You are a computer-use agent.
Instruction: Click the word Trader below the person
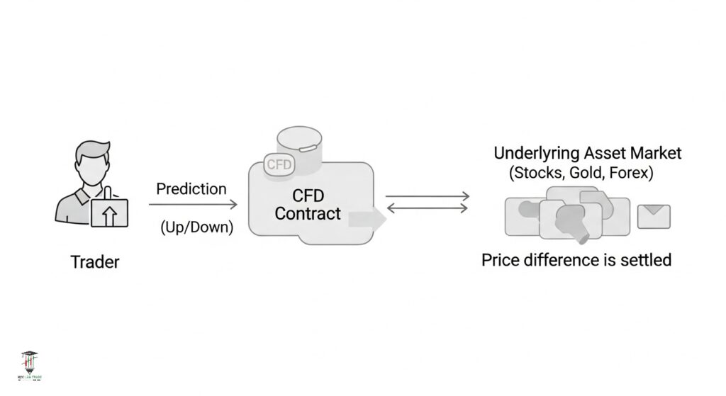click(95, 261)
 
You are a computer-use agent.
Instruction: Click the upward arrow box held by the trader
click(109, 213)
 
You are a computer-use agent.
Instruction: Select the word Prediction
click(191, 189)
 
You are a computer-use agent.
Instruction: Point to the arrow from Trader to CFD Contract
click(193, 205)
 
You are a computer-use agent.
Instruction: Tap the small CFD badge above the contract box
click(279, 164)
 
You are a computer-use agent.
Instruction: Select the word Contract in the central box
click(308, 214)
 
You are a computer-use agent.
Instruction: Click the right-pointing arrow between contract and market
click(428, 196)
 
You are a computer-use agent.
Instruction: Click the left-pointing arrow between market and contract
click(428, 208)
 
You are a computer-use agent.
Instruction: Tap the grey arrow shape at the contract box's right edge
click(367, 218)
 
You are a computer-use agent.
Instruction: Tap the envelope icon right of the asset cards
click(654, 216)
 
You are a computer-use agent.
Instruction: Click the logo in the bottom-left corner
click(29, 367)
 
